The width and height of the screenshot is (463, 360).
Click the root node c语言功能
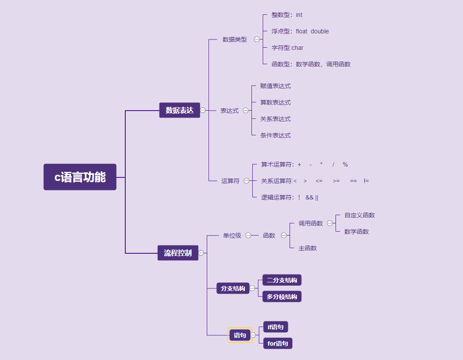coord(80,177)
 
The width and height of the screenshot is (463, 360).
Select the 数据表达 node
coord(179,110)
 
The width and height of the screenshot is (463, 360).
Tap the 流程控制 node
coord(178,253)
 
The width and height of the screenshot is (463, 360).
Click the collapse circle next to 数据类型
coord(257,39)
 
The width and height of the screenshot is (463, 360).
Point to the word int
coord(299,15)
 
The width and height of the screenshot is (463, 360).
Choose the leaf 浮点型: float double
coord(300,31)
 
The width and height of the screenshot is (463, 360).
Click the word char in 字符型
coord(297,48)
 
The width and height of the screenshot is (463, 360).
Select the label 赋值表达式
coord(275,86)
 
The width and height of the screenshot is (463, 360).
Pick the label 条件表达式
coord(275,135)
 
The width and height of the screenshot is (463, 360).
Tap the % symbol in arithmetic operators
coord(345,164)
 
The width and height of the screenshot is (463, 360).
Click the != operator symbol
coord(366,181)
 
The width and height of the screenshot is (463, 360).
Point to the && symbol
coord(309,197)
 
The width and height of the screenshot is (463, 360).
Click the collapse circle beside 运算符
coord(246,181)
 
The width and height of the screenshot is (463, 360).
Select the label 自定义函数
coord(359,215)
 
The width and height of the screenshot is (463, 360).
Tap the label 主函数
coord(307,248)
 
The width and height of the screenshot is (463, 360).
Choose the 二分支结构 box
coord(282,280)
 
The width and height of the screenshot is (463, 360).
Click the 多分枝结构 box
coord(282,297)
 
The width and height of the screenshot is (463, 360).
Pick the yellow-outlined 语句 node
coord(240,335)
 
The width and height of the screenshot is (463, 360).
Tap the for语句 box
coord(278,344)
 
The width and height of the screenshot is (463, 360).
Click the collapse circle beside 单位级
coord(248,236)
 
